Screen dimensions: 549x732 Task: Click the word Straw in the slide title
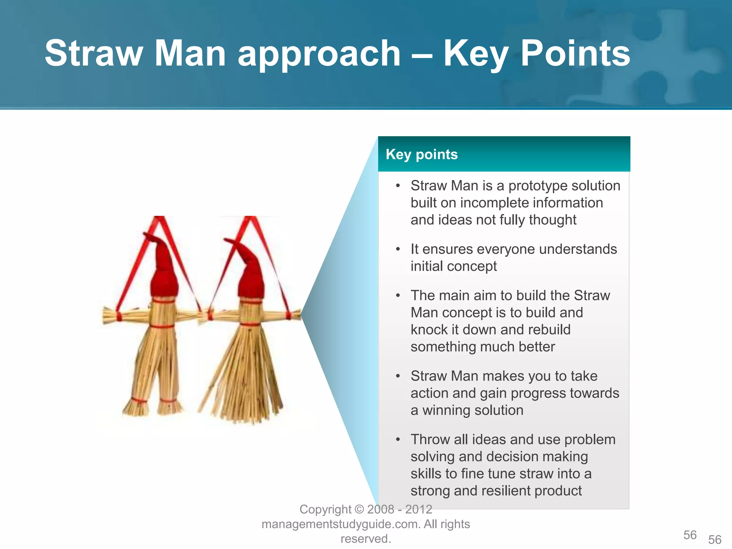tap(94, 54)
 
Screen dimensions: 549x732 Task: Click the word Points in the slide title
tap(575, 54)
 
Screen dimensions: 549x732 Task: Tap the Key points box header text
tap(421, 154)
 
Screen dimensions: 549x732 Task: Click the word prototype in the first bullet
tap(534, 186)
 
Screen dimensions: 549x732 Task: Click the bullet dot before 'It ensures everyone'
tap(398, 249)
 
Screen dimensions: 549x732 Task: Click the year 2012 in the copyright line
tap(419, 509)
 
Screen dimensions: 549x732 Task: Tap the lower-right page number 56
tap(715, 539)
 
